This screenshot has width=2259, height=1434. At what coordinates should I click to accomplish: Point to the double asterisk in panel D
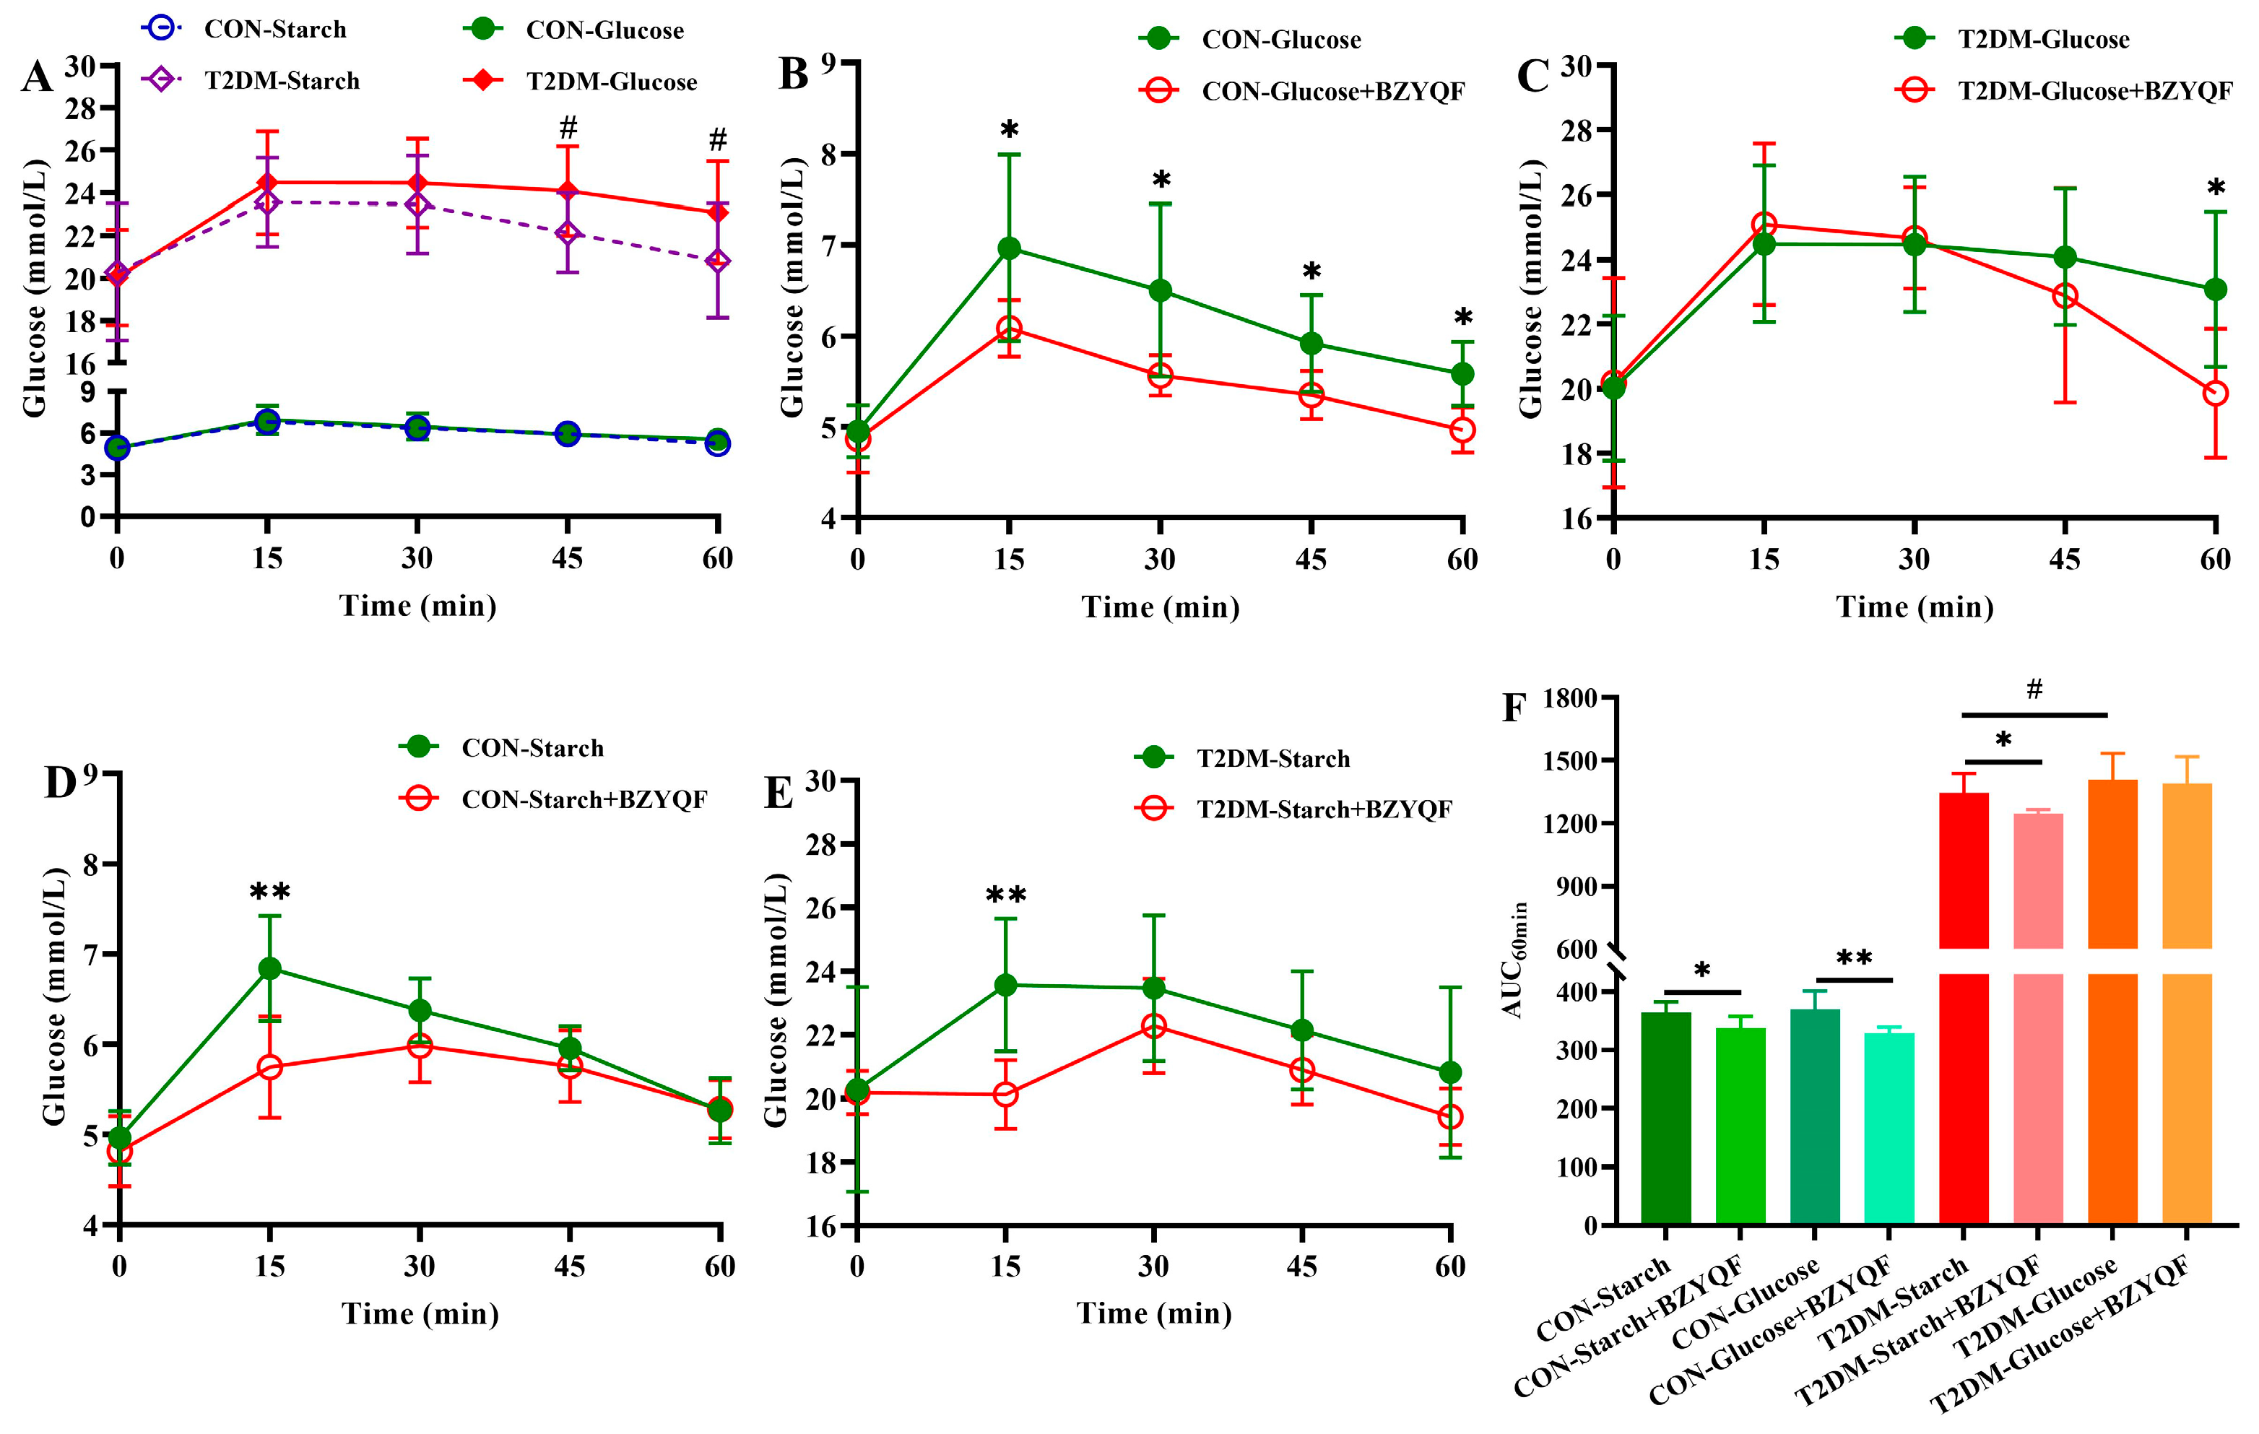(270, 894)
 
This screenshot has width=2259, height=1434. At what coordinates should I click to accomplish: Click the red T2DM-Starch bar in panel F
(1963, 1004)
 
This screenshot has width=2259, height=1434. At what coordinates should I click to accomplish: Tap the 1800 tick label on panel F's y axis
(1569, 699)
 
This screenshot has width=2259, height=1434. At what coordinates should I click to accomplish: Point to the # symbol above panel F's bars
(2034, 690)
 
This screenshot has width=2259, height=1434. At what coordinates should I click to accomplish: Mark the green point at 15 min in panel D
(269, 968)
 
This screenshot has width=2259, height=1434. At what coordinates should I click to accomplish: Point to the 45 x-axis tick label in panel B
(1311, 560)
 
